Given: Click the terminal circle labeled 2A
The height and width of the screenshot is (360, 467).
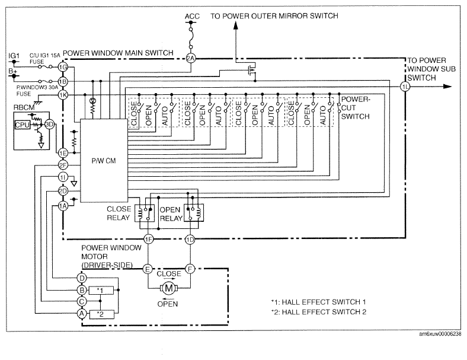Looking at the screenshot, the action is (191, 58).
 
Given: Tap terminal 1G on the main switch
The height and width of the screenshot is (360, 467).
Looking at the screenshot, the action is (63, 67).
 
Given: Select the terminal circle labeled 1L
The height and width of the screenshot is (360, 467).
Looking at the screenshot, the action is (405, 87).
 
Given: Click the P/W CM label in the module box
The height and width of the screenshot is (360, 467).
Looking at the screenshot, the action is (104, 161).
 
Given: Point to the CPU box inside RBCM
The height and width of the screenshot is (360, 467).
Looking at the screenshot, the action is (23, 125).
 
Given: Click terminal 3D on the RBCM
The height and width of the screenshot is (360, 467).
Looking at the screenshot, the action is (49, 125).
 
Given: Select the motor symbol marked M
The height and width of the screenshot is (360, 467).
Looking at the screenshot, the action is (169, 288).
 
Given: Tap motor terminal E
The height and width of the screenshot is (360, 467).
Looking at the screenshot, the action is (148, 269).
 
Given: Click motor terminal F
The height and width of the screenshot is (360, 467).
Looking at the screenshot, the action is (190, 269).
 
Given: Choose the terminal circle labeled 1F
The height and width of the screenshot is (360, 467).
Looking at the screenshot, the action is (148, 239).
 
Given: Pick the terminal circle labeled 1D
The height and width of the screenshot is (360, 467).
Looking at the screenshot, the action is (190, 239).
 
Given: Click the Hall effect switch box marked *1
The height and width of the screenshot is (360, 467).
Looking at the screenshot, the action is (101, 290).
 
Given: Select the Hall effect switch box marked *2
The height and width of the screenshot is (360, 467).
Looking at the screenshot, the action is (101, 314).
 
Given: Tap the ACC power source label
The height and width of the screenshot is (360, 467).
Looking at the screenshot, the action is (192, 17).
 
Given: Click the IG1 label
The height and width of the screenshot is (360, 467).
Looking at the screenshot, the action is (14, 56).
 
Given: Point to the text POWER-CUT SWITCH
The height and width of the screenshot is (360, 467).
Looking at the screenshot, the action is (356, 107).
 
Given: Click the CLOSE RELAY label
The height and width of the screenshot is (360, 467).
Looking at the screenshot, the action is (119, 214).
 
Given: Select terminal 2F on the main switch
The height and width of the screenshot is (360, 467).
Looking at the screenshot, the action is (63, 165).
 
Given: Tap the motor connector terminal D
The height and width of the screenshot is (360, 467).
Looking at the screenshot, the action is (82, 278).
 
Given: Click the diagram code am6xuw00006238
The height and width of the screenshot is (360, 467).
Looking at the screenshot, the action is (440, 334).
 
